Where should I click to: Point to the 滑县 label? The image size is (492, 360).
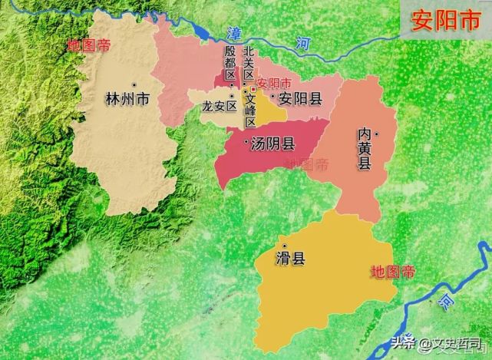(x=290, y=258)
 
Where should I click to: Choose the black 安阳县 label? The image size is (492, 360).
(x=300, y=98)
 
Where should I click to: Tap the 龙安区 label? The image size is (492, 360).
(x=219, y=107)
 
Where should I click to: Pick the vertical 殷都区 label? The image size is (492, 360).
(x=229, y=61)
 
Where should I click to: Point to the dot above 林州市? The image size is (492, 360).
(x=134, y=84)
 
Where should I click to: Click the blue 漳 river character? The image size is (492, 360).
(x=234, y=33)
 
